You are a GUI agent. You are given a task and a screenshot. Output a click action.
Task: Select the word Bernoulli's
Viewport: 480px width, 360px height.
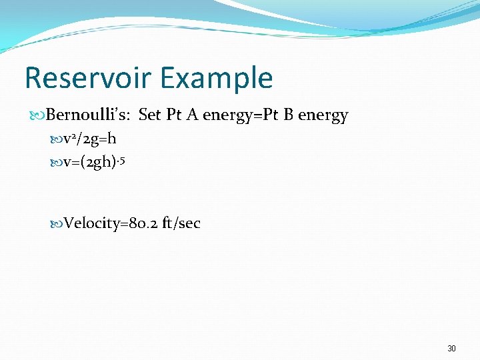tap(89, 115)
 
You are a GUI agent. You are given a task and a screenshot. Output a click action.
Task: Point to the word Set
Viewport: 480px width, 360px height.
tap(149, 115)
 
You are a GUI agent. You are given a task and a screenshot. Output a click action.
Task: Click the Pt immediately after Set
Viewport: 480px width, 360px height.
tap(174, 115)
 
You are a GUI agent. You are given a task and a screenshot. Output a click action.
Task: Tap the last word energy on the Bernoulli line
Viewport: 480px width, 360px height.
tap(323, 116)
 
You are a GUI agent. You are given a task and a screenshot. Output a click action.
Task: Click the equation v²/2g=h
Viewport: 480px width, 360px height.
tap(89, 140)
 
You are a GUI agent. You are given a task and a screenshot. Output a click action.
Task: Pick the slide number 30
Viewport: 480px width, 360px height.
tap(451, 349)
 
